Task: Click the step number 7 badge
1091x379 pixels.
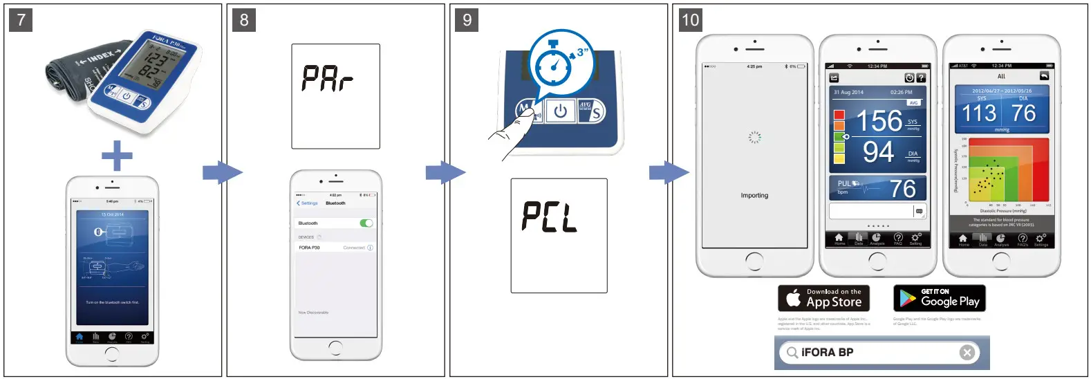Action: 21,19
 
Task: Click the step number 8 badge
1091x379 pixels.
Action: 244,19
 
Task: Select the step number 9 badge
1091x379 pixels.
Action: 467,19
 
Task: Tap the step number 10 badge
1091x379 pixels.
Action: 691,19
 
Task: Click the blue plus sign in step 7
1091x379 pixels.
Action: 117,156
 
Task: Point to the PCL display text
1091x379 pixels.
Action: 550,217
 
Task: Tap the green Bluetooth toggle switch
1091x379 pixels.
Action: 366,223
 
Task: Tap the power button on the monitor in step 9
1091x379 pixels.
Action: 560,111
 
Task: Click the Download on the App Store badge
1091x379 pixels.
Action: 823,299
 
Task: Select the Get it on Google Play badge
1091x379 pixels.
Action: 939,299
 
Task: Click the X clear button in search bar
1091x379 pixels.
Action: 967,353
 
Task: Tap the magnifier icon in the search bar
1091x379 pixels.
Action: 790,353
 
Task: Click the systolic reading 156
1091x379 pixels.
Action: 879,121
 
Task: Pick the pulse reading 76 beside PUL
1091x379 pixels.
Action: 902,188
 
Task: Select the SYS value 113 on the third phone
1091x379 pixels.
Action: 979,113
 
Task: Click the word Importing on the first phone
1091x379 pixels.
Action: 754,196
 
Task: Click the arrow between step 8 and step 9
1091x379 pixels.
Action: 445,172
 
